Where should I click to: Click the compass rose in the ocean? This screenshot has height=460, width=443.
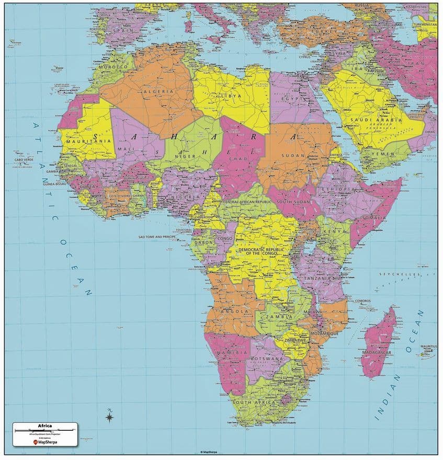click(109, 416)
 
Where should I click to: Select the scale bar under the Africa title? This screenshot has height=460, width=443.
click(44, 431)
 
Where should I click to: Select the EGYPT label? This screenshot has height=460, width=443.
click(289, 98)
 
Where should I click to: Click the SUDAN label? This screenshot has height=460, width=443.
click(293, 155)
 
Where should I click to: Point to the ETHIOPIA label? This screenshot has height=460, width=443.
click(338, 189)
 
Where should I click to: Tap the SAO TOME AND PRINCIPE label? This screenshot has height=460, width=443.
click(157, 237)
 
